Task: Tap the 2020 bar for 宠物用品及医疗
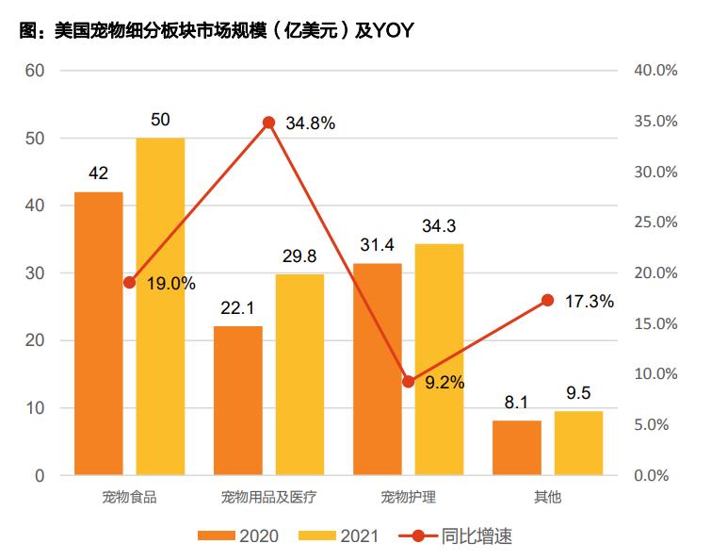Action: tap(238, 400)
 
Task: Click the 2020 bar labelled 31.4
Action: tap(378, 369)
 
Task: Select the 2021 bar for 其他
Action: tap(578, 443)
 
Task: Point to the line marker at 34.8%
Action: tap(268, 123)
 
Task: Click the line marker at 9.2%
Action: tap(409, 382)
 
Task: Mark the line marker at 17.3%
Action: tap(548, 300)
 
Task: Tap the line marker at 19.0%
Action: tap(130, 283)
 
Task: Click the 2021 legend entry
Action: tap(339, 535)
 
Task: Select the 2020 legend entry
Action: tap(238, 535)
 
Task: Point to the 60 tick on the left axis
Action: tap(35, 71)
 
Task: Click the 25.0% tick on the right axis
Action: tap(654, 222)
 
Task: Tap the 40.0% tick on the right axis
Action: tap(654, 71)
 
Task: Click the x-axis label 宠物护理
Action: tap(409, 497)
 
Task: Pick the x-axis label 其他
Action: tap(547, 497)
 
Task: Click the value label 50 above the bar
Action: tap(160, 120)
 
